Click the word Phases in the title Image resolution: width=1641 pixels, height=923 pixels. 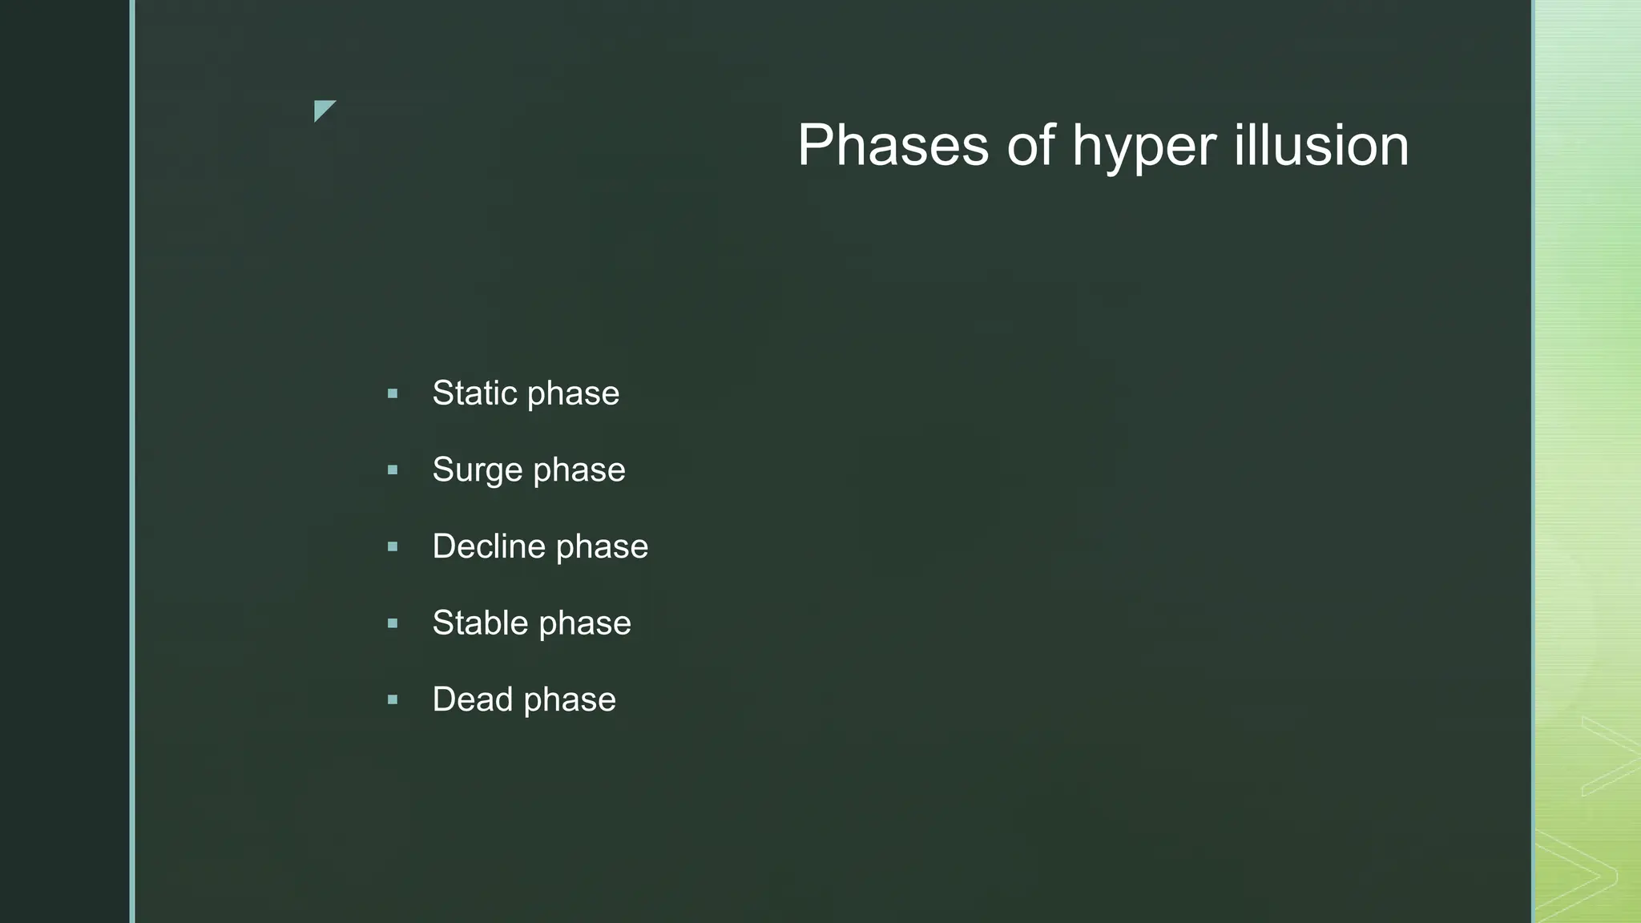(893, 145)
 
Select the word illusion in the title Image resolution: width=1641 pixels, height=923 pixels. (1321, 145)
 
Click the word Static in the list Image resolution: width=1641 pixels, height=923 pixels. (474, 393)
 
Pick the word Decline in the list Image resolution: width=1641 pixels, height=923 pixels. (488, 546)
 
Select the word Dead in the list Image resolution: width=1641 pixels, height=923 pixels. (472, 699)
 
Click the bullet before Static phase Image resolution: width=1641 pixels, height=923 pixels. (393, 393)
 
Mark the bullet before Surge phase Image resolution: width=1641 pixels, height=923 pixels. (393, 470)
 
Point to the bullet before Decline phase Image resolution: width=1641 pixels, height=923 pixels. (393, 547)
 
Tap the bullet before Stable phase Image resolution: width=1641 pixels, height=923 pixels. (393, 623)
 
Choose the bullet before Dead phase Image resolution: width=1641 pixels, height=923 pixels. (393, 700)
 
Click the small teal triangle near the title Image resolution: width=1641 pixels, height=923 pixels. (323, 109)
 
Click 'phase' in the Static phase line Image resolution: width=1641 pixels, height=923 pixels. (573, 393)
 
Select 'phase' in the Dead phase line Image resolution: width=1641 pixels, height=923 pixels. (570, 700)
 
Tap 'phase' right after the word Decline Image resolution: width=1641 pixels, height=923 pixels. (602, 547)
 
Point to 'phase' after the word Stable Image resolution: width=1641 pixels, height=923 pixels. (585, 623)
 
